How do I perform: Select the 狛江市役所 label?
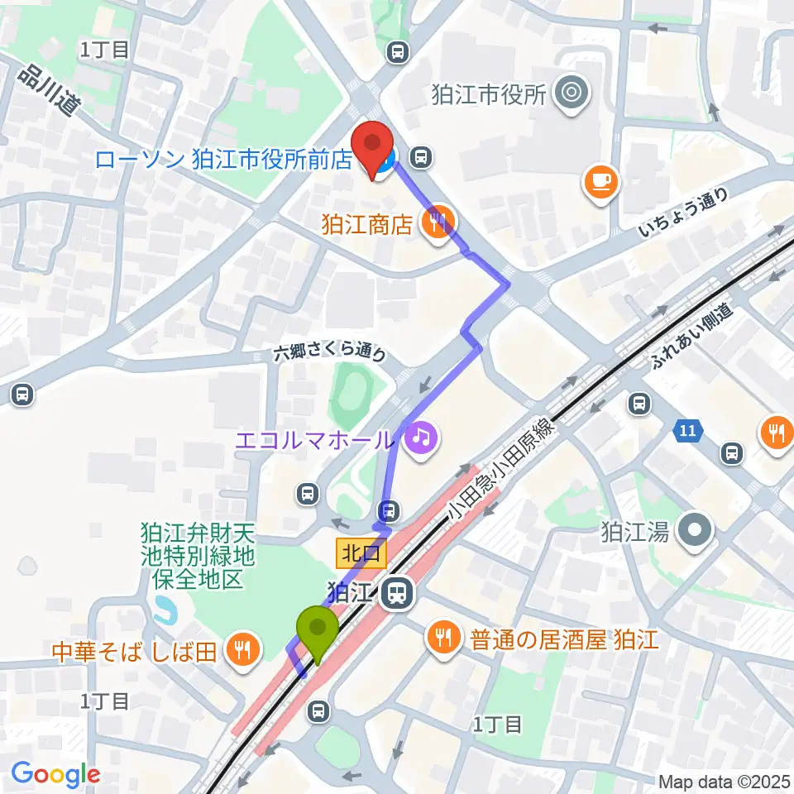coord(500,95)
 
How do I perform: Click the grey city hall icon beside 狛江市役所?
coord(571,92)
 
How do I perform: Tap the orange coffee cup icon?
coord(600,181)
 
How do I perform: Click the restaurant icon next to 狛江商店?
coord(436,222)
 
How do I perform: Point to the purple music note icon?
coord(420,436)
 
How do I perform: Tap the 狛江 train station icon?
coord(399,592)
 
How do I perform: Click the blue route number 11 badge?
coord(688,430)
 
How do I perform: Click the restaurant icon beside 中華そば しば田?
coord(242,648)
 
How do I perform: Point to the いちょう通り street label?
coord(684,213)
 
